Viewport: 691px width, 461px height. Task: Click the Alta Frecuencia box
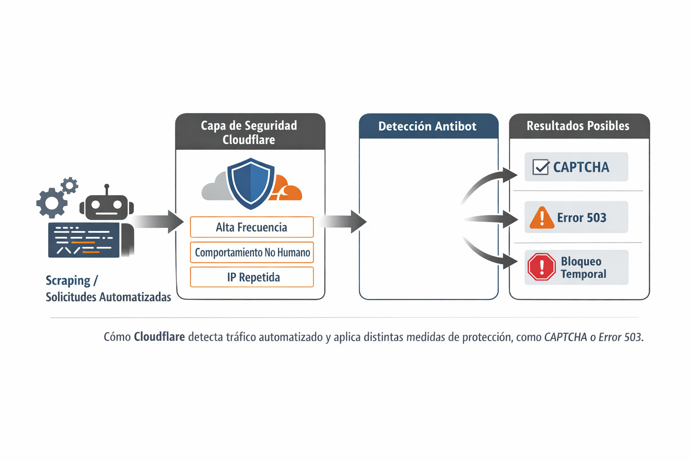tap(251, 227)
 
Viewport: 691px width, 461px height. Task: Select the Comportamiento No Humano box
tap(252, 253)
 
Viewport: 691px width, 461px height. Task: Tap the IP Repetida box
tap(252, 277)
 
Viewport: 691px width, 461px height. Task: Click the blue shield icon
tap(251, 183)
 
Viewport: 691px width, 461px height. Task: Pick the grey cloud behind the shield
tap(216, 188)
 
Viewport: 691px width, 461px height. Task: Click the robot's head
tap(107, 206)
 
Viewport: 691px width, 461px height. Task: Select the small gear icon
tap(70, 185)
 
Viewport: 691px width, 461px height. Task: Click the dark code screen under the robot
tap(84, 240)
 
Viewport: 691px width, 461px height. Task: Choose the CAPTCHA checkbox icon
tap(541, 167)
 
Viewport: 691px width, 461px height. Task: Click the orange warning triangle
tap(542, 218)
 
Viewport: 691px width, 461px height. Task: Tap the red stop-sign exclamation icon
tap(542, 267)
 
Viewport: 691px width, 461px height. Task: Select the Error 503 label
tap(582, 218)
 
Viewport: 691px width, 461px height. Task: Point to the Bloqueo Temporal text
tap(583, 267)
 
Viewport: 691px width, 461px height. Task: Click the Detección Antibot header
tap(427, 127)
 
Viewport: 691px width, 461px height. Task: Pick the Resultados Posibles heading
tap(578, 126)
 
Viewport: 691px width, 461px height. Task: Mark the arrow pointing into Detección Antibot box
tap(344, 221)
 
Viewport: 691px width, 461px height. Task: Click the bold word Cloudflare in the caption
tap(159, 337)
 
